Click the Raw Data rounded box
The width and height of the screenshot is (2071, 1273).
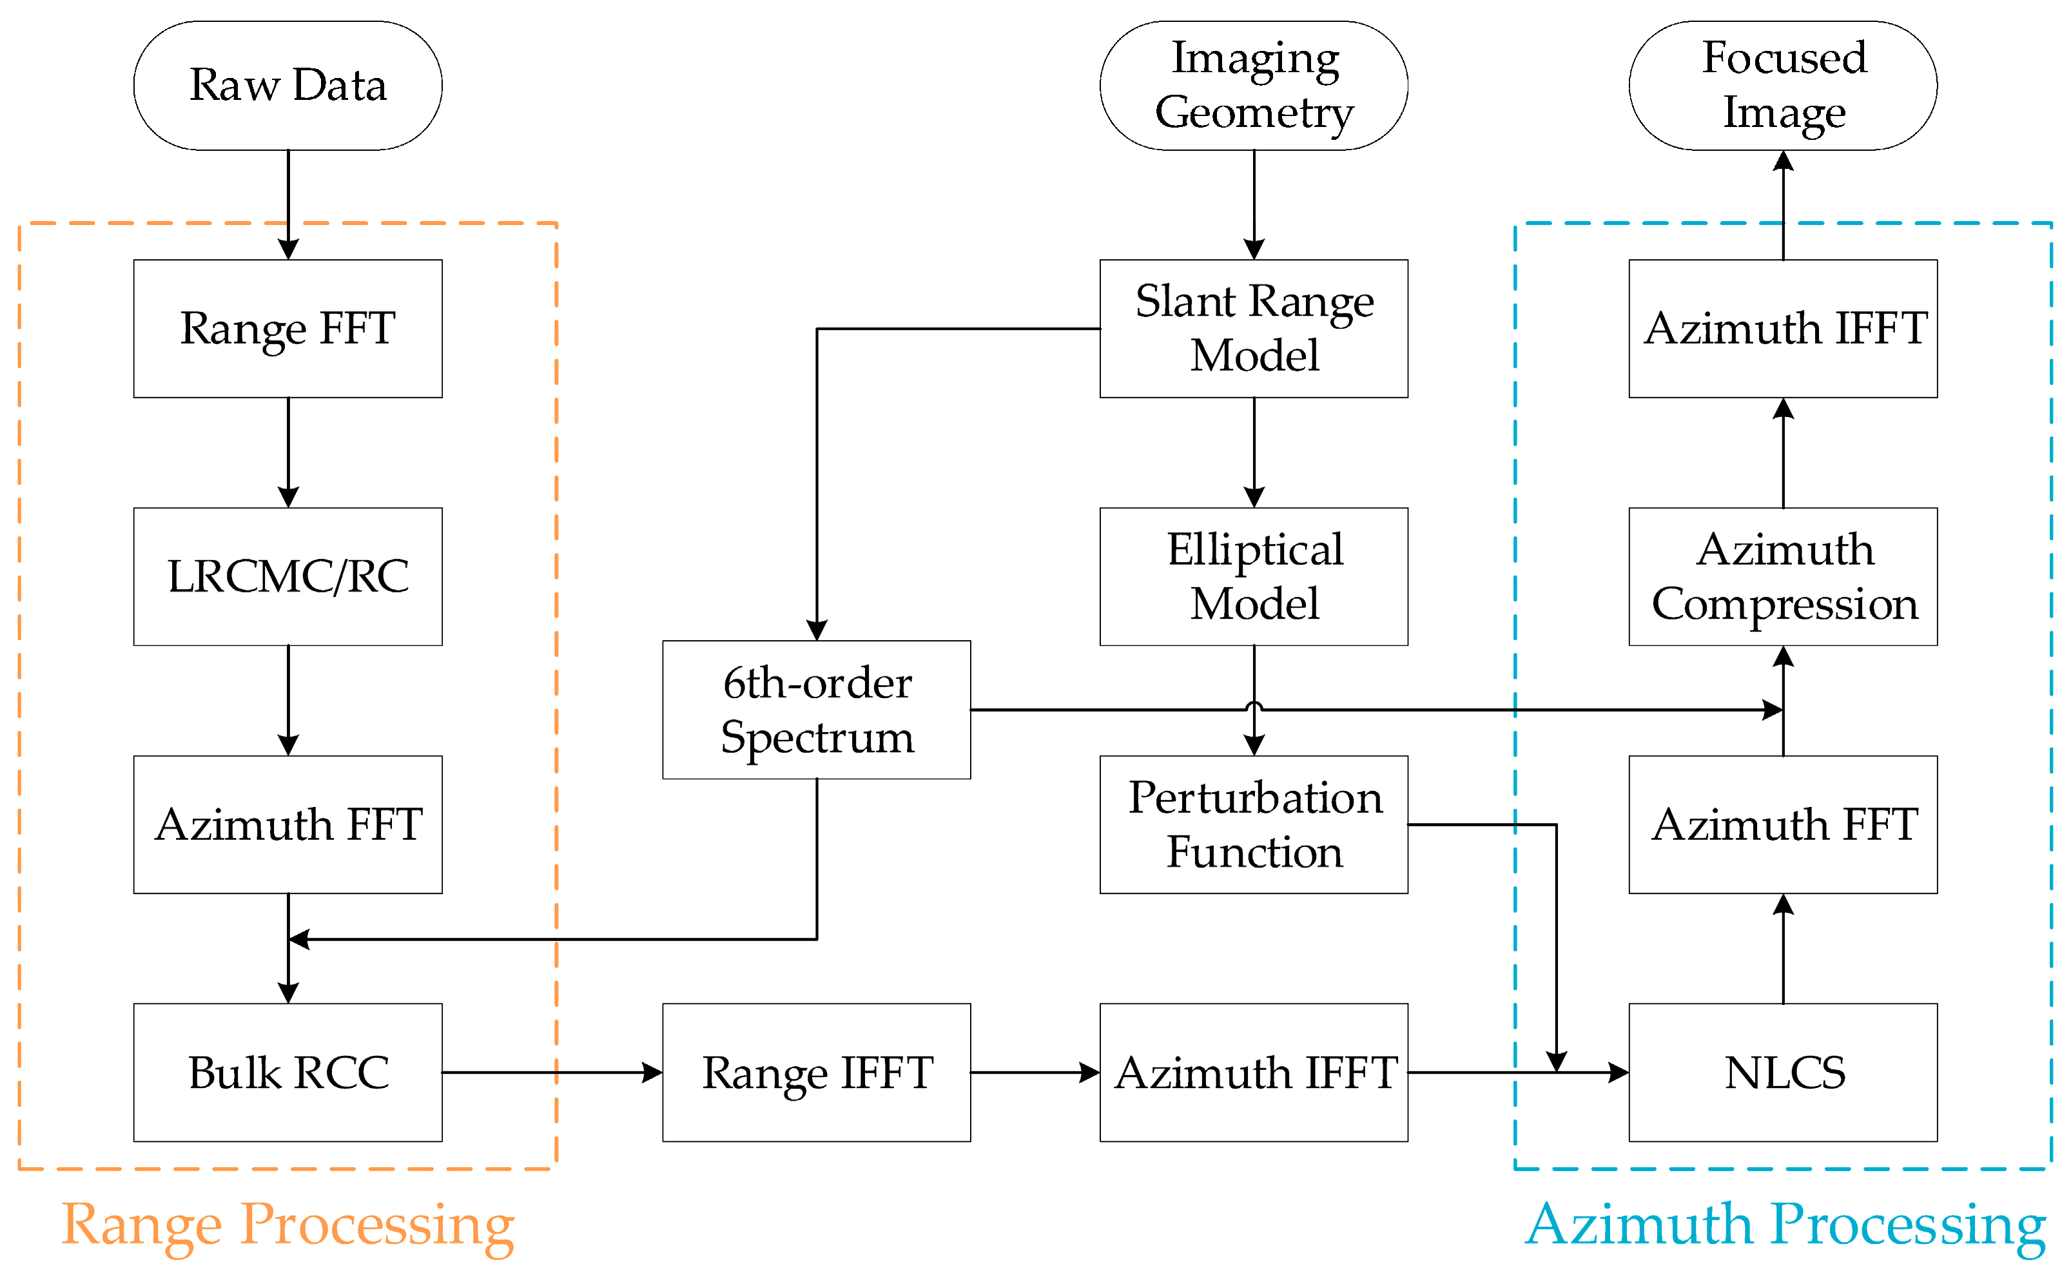click(288, 85)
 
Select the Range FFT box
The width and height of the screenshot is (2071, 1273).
click(288, 328)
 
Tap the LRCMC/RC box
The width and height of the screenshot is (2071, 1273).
click(288, 577)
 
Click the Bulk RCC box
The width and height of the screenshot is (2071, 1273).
click(288, 1073)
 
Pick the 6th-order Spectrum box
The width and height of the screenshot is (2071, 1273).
click(817, 710)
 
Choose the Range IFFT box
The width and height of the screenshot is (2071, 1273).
click(817, 1073)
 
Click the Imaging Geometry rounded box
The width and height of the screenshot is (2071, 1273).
click(1254, 85)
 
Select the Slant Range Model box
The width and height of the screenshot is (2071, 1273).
click(1254, 328)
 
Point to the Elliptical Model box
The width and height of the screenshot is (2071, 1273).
click(1254, 577)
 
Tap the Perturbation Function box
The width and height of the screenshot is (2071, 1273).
click(1254, 824)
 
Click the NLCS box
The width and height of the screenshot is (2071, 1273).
click(1783, 1073)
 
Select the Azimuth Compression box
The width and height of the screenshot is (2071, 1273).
click(1783, 577)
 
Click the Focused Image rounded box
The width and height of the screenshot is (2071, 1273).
click(1783, 85)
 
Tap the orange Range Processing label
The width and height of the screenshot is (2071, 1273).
click(288, 1225)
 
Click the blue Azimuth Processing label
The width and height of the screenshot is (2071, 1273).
click(1785, 1225)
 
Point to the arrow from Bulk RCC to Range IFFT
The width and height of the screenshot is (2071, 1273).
click(551, 1073)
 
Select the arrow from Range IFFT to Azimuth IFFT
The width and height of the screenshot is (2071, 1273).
click(1035, 1073)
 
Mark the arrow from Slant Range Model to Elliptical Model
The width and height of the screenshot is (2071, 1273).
click(1254, 452)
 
